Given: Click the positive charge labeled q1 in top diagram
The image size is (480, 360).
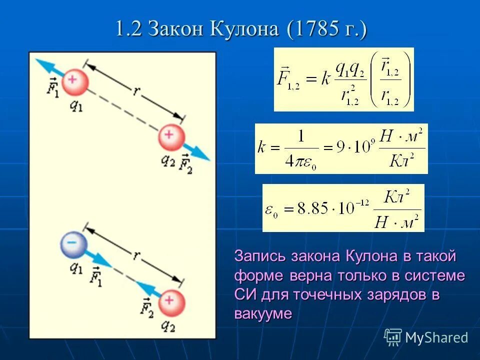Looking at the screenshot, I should (75, 81).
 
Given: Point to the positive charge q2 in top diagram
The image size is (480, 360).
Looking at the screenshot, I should (171, 137).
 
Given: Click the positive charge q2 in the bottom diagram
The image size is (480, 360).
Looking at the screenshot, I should (171, 302).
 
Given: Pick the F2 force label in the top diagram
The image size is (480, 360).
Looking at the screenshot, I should (186, 163).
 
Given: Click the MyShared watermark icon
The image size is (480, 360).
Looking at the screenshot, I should (393, 337).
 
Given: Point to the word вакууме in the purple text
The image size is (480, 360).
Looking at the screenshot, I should (262, 313).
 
